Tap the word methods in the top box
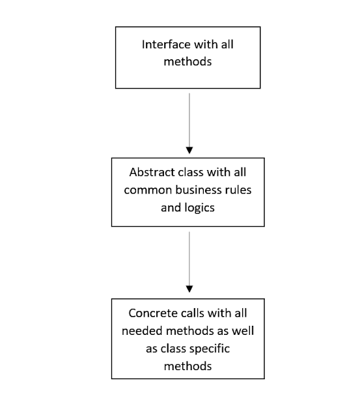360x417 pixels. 187,63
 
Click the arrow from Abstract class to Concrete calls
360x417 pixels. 189,261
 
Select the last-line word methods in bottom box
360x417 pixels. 187,366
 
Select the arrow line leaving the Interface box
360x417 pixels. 189,117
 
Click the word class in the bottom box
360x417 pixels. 173,348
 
